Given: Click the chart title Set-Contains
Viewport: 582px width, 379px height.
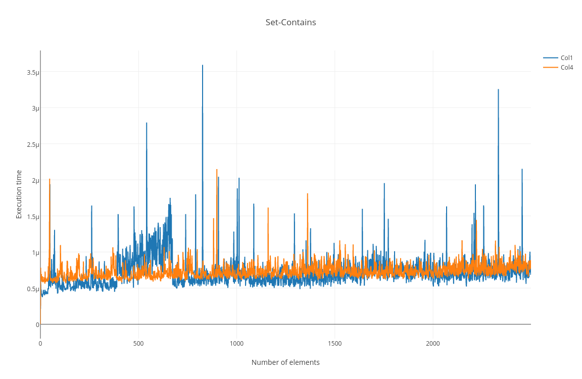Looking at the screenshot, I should click(290, 22).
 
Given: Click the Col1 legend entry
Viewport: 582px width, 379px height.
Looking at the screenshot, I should click(566, 58).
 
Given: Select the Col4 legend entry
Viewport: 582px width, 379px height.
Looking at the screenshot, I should click(566, 67).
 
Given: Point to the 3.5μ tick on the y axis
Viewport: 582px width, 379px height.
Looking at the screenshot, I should click(33, 72).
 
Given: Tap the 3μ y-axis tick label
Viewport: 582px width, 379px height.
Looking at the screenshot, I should click(35, 108).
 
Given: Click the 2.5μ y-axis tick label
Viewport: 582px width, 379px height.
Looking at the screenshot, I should click(33, 144).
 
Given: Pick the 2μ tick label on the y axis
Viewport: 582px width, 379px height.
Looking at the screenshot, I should click(35, 180).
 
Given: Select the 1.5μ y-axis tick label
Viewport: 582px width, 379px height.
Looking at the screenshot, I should click(33, 216).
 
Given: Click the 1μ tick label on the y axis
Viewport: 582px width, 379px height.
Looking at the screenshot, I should click(35, 252).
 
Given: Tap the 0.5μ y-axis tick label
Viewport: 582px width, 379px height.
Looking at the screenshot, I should click(33, 289).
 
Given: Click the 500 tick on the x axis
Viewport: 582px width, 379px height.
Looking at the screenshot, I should click(138, 344).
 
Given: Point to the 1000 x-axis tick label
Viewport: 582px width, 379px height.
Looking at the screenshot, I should click(236, 344).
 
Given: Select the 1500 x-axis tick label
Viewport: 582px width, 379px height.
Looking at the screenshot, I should click(334, 344).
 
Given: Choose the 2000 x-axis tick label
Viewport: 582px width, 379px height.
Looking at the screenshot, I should click(432, 344).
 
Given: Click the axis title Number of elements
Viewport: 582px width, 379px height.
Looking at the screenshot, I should click(285, 362).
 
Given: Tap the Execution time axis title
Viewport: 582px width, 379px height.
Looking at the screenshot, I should click(19, 194).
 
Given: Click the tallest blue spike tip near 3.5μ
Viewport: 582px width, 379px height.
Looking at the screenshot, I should click(203, 66).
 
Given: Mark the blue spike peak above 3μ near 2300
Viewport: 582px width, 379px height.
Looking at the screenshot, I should click(498, 90).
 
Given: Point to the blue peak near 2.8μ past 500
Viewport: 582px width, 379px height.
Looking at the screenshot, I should click(147, 123).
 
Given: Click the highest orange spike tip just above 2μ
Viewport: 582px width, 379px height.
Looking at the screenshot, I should click(217, 170).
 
